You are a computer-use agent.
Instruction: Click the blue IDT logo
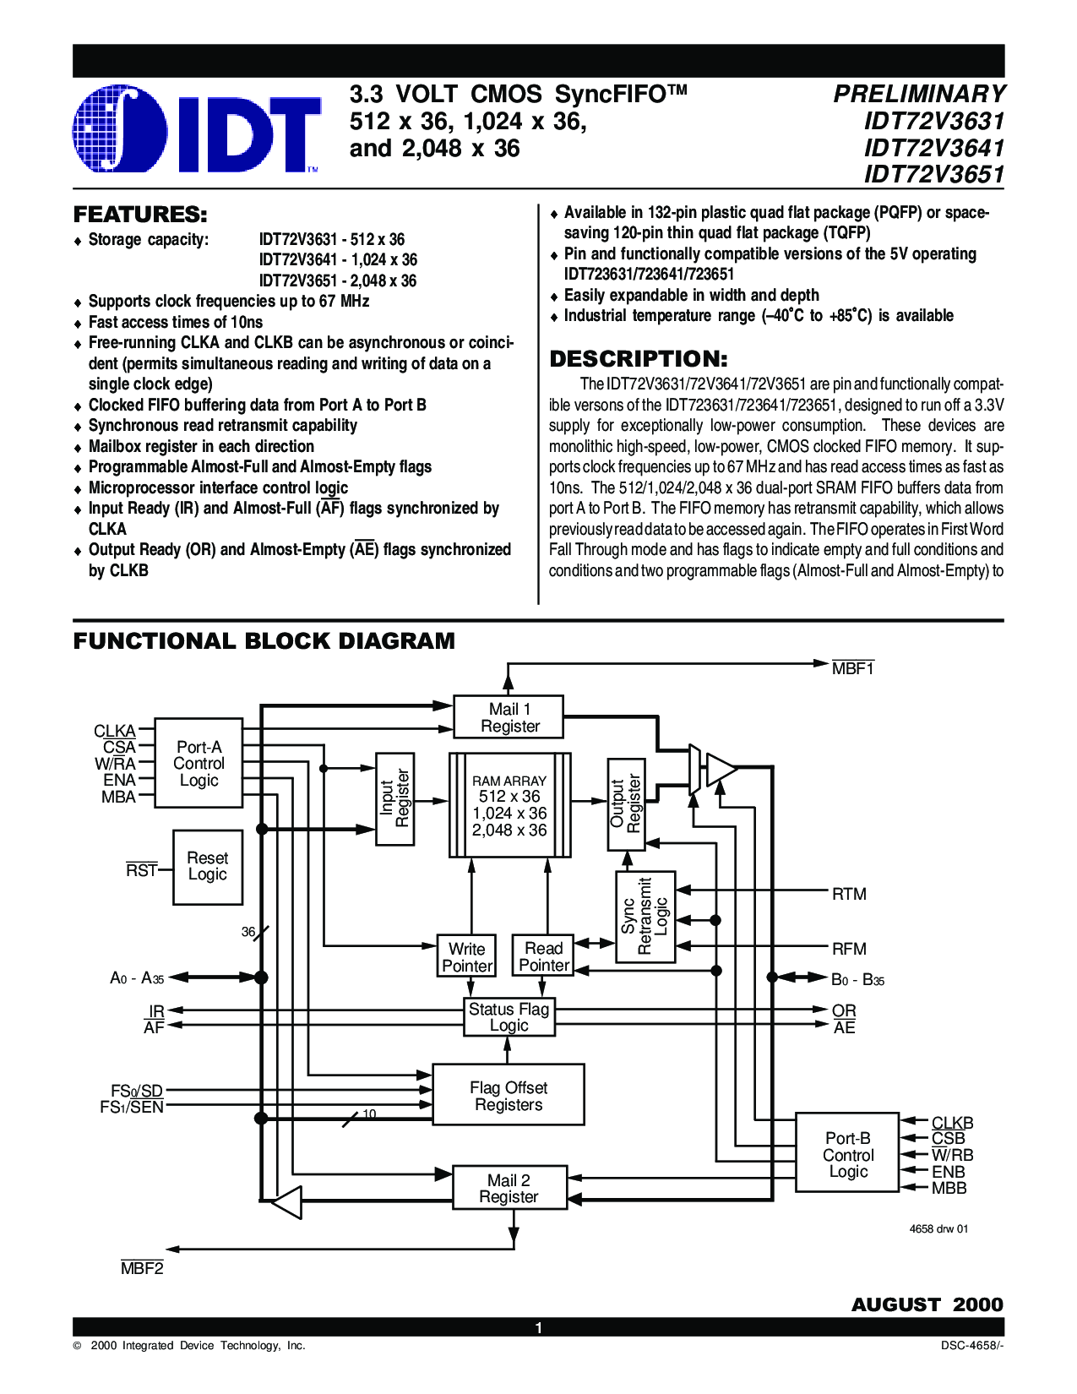(x=196, y=131)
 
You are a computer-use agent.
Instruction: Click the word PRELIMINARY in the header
(x=919, y=95)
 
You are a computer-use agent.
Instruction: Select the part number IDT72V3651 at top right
(x=934, y=175)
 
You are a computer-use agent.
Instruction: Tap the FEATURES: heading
(x=140, y=215)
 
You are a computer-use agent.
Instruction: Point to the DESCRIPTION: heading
(x=639, y=358)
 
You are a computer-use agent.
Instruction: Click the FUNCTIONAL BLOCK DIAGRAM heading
(x=264, y=641)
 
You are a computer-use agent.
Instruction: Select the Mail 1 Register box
(x=509, y=717)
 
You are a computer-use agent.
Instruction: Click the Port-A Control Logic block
(x=199, y=763)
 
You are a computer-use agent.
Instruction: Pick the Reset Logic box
(x=208, y=868)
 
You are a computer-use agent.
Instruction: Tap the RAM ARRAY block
(x=510, y=805)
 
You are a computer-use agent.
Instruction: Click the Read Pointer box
(x=543, y=956)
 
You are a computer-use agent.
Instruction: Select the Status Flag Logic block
(x=509, y=1017)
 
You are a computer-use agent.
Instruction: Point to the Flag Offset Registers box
(x=509, y=1097)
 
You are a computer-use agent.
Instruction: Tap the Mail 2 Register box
(x=510, y=1188)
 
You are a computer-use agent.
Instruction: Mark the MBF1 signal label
(x=853, y=668)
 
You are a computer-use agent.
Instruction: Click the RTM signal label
(x=849, y=894)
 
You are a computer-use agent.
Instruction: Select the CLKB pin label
(x=953, y=1123)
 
